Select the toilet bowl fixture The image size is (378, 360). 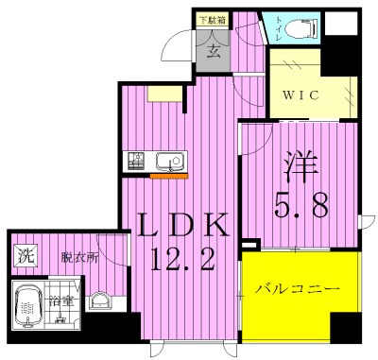(301, 29)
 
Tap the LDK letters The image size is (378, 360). (183, 225)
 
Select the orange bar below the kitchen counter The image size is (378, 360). (169, 177)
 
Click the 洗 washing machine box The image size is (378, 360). (24, 256)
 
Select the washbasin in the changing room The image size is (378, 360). (99, 302)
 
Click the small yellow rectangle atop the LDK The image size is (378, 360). (159, 93)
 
